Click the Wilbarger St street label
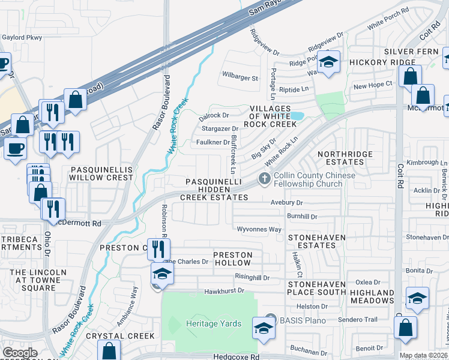240,78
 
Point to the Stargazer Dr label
220,128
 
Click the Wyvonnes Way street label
259,229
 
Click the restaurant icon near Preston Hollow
158,249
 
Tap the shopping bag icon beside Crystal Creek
110,350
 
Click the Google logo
20,352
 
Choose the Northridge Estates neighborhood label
345,158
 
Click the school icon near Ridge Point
328,62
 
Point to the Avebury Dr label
287,203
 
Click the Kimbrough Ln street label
426,163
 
